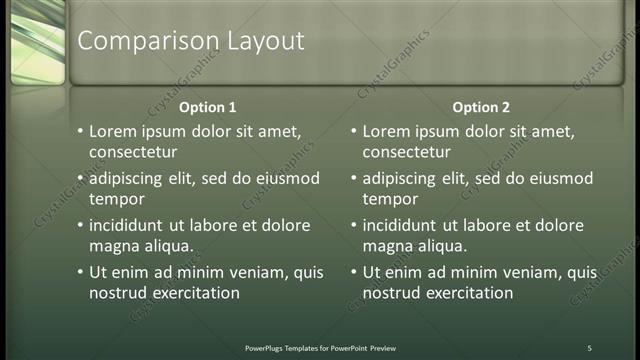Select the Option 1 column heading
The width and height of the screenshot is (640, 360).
click(x=208, y=107)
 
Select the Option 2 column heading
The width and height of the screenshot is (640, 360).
click(x=481, y=107)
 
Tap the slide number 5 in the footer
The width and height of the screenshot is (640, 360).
click(x=589, y=348)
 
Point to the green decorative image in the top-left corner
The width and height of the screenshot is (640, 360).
click(x=33, y=42)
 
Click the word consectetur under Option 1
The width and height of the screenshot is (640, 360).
click(x=133, y=152)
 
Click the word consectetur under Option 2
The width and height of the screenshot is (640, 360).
click(x=406, y=152)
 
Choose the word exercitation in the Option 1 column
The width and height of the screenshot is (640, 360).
click(x=195, y=293)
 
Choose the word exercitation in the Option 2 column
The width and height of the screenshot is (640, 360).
click(x=468, y=293)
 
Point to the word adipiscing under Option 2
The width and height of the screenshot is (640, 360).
click(x=403, y=179)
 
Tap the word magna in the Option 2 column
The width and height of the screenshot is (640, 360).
click(x=386, y=246)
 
